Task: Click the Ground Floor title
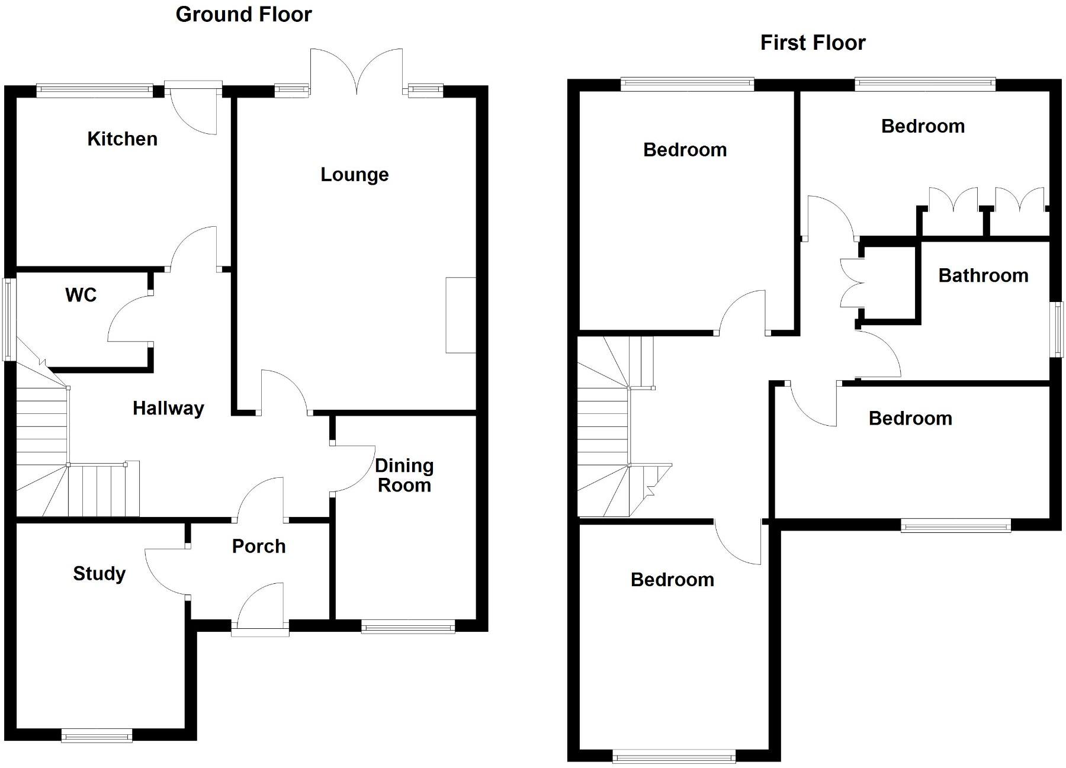pos(243,14)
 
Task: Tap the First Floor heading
pos(813,43)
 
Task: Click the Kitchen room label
pos(122,139)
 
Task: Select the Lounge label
pos(354,174)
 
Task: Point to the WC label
pos(81,294)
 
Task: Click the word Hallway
pos(168,408)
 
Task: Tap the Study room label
pos(99,573)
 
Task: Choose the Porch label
pos(259,546)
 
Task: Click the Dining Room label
pos(404,475)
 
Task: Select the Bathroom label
pos(983,275)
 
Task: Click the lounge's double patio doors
pos(357,71)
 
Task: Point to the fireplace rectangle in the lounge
pos(461,315)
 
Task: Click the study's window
pos(97,736)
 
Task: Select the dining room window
pos(408,627)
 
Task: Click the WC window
pos(8,320)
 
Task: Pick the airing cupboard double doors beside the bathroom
pos(851,283)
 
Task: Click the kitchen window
pos(95,91)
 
